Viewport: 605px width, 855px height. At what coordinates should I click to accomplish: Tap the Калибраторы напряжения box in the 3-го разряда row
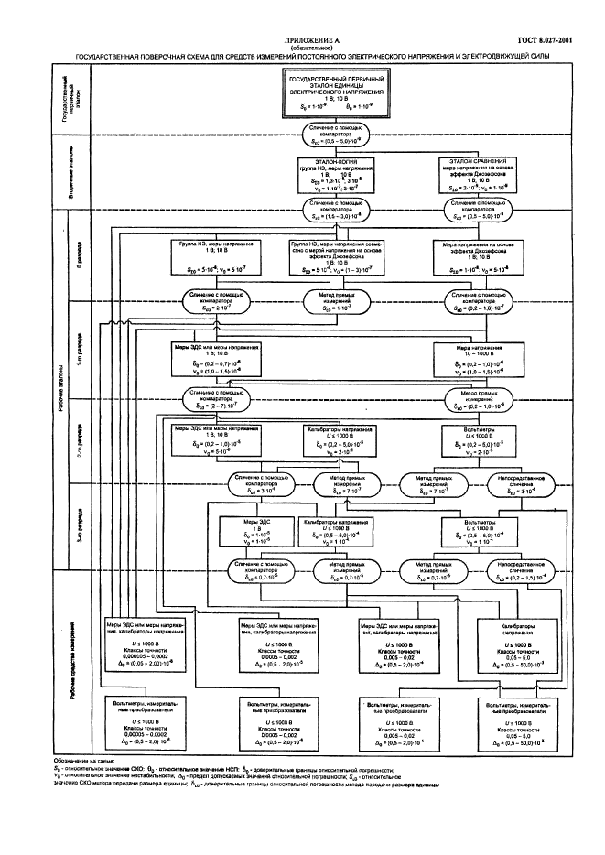click(335, 532)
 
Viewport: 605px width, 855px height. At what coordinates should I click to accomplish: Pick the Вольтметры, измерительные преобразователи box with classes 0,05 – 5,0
click(517, 721)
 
